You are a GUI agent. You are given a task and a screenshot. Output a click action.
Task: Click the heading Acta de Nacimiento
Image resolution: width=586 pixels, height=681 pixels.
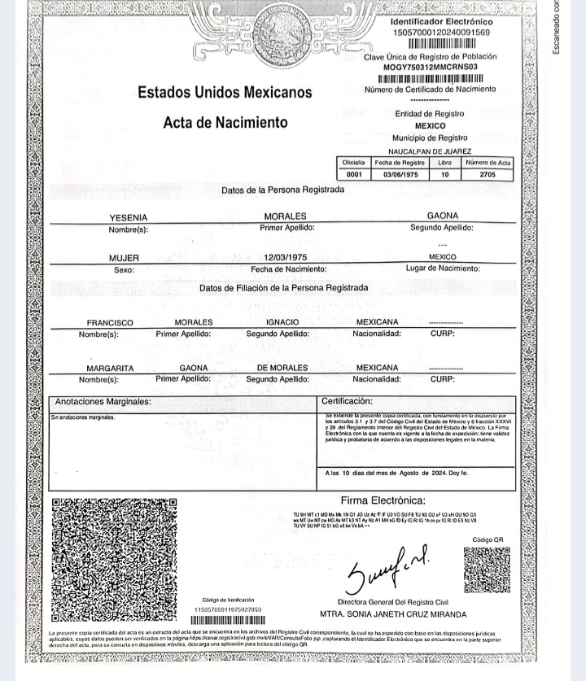pyautogui.click(x=225, y=123)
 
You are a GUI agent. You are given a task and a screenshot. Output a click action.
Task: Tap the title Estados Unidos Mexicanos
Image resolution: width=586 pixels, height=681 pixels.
pyautogui.click(x=225, y=93)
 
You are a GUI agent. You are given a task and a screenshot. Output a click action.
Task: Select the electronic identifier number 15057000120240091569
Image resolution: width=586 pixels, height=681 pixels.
pyautogui.click(x=441, y=32)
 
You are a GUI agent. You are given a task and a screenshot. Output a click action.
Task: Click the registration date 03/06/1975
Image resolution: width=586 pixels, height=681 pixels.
pyautogui.click(x=400, y=174)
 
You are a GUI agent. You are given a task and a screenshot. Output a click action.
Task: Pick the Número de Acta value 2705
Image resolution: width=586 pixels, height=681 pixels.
pyautogui.click(x=488, y=174)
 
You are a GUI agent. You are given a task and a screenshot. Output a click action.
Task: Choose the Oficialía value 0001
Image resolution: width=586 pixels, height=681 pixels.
pyautogui.click(x=354, y=174)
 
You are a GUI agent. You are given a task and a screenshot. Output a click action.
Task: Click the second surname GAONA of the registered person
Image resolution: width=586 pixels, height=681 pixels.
pyautogui.click(x=443, y=216)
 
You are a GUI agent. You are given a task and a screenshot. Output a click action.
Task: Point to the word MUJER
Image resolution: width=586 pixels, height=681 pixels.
pyautogui.click(x=125, y=258)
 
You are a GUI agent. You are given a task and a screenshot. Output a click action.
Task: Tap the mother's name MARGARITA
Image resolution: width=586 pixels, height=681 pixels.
pyautogui.click(x=110, y=368)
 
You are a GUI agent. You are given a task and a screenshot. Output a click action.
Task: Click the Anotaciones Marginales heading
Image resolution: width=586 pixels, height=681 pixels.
pyautogui.click(x=103, y=402)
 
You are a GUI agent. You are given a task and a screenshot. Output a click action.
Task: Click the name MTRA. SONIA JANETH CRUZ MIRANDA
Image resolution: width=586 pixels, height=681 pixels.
pyautogui.click(x=393, y=614)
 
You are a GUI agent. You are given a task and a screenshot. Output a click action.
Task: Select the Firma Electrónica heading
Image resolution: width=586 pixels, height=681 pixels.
pyautogui.click(x=383, y=500)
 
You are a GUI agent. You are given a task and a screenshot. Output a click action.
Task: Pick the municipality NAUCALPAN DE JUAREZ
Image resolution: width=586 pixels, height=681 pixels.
pyautogui.click(x=430, y=151)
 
